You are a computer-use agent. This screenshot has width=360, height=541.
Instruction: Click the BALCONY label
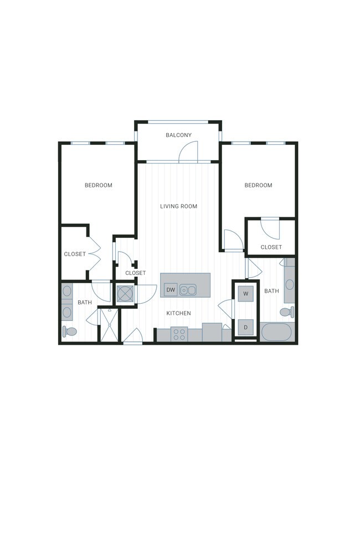tap(178, 135)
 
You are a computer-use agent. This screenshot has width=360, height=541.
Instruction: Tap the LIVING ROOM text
tap(178, 206)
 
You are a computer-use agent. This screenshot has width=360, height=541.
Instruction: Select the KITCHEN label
tap(178, 313)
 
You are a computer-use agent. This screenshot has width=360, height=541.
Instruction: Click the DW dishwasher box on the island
tap(171, 289)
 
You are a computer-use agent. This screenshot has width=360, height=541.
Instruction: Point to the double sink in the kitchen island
tap(188, 289)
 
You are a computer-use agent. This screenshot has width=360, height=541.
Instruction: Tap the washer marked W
tap(245, 294)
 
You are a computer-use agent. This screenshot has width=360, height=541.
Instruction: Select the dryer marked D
tap(245, 327)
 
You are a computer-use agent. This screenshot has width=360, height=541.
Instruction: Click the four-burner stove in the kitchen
tap(179, 334)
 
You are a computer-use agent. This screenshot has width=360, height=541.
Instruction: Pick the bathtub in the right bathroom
tap(275, 333)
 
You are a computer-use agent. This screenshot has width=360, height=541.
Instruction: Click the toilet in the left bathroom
tap(69, 331)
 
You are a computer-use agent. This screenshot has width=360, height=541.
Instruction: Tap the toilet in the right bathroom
tap(286, 312)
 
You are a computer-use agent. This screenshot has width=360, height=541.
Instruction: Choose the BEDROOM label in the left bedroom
tap(98, 185)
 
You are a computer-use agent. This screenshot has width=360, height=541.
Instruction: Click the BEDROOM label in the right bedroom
tap(258, 185)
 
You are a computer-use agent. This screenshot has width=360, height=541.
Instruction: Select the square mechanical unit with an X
tap(125, 294)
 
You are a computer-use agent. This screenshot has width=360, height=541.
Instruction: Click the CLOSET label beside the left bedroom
tap(75, 254)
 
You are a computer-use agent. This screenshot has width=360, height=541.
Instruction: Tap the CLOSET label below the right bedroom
tap(271, 247)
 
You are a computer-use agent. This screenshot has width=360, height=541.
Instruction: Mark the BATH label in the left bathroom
tap(85, 302)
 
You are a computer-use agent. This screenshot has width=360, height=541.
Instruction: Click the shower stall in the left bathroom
tap(109, 326)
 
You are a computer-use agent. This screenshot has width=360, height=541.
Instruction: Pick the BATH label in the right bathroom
tap(271, 291)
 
